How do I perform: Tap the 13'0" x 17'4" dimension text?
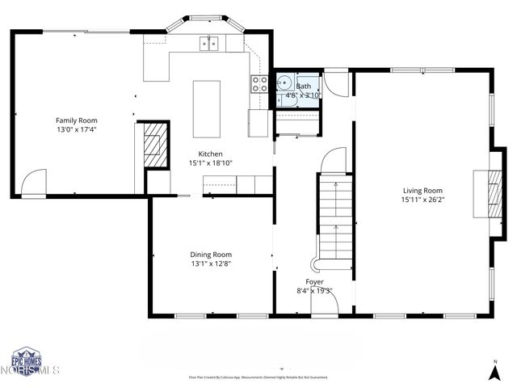coord(82,129)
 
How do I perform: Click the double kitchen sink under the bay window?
coord(209,43)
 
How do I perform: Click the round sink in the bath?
coord(285,82)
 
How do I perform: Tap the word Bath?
coord(304,86)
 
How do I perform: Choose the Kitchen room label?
coord(211,154)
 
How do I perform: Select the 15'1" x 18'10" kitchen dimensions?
coord(211,163)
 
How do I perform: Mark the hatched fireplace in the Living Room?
coord(491,193)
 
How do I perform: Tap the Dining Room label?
coord(211,255)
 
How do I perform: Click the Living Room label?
coord(422,191)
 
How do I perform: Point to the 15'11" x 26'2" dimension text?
coord(422,200)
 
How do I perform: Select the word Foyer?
coord(315,281)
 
